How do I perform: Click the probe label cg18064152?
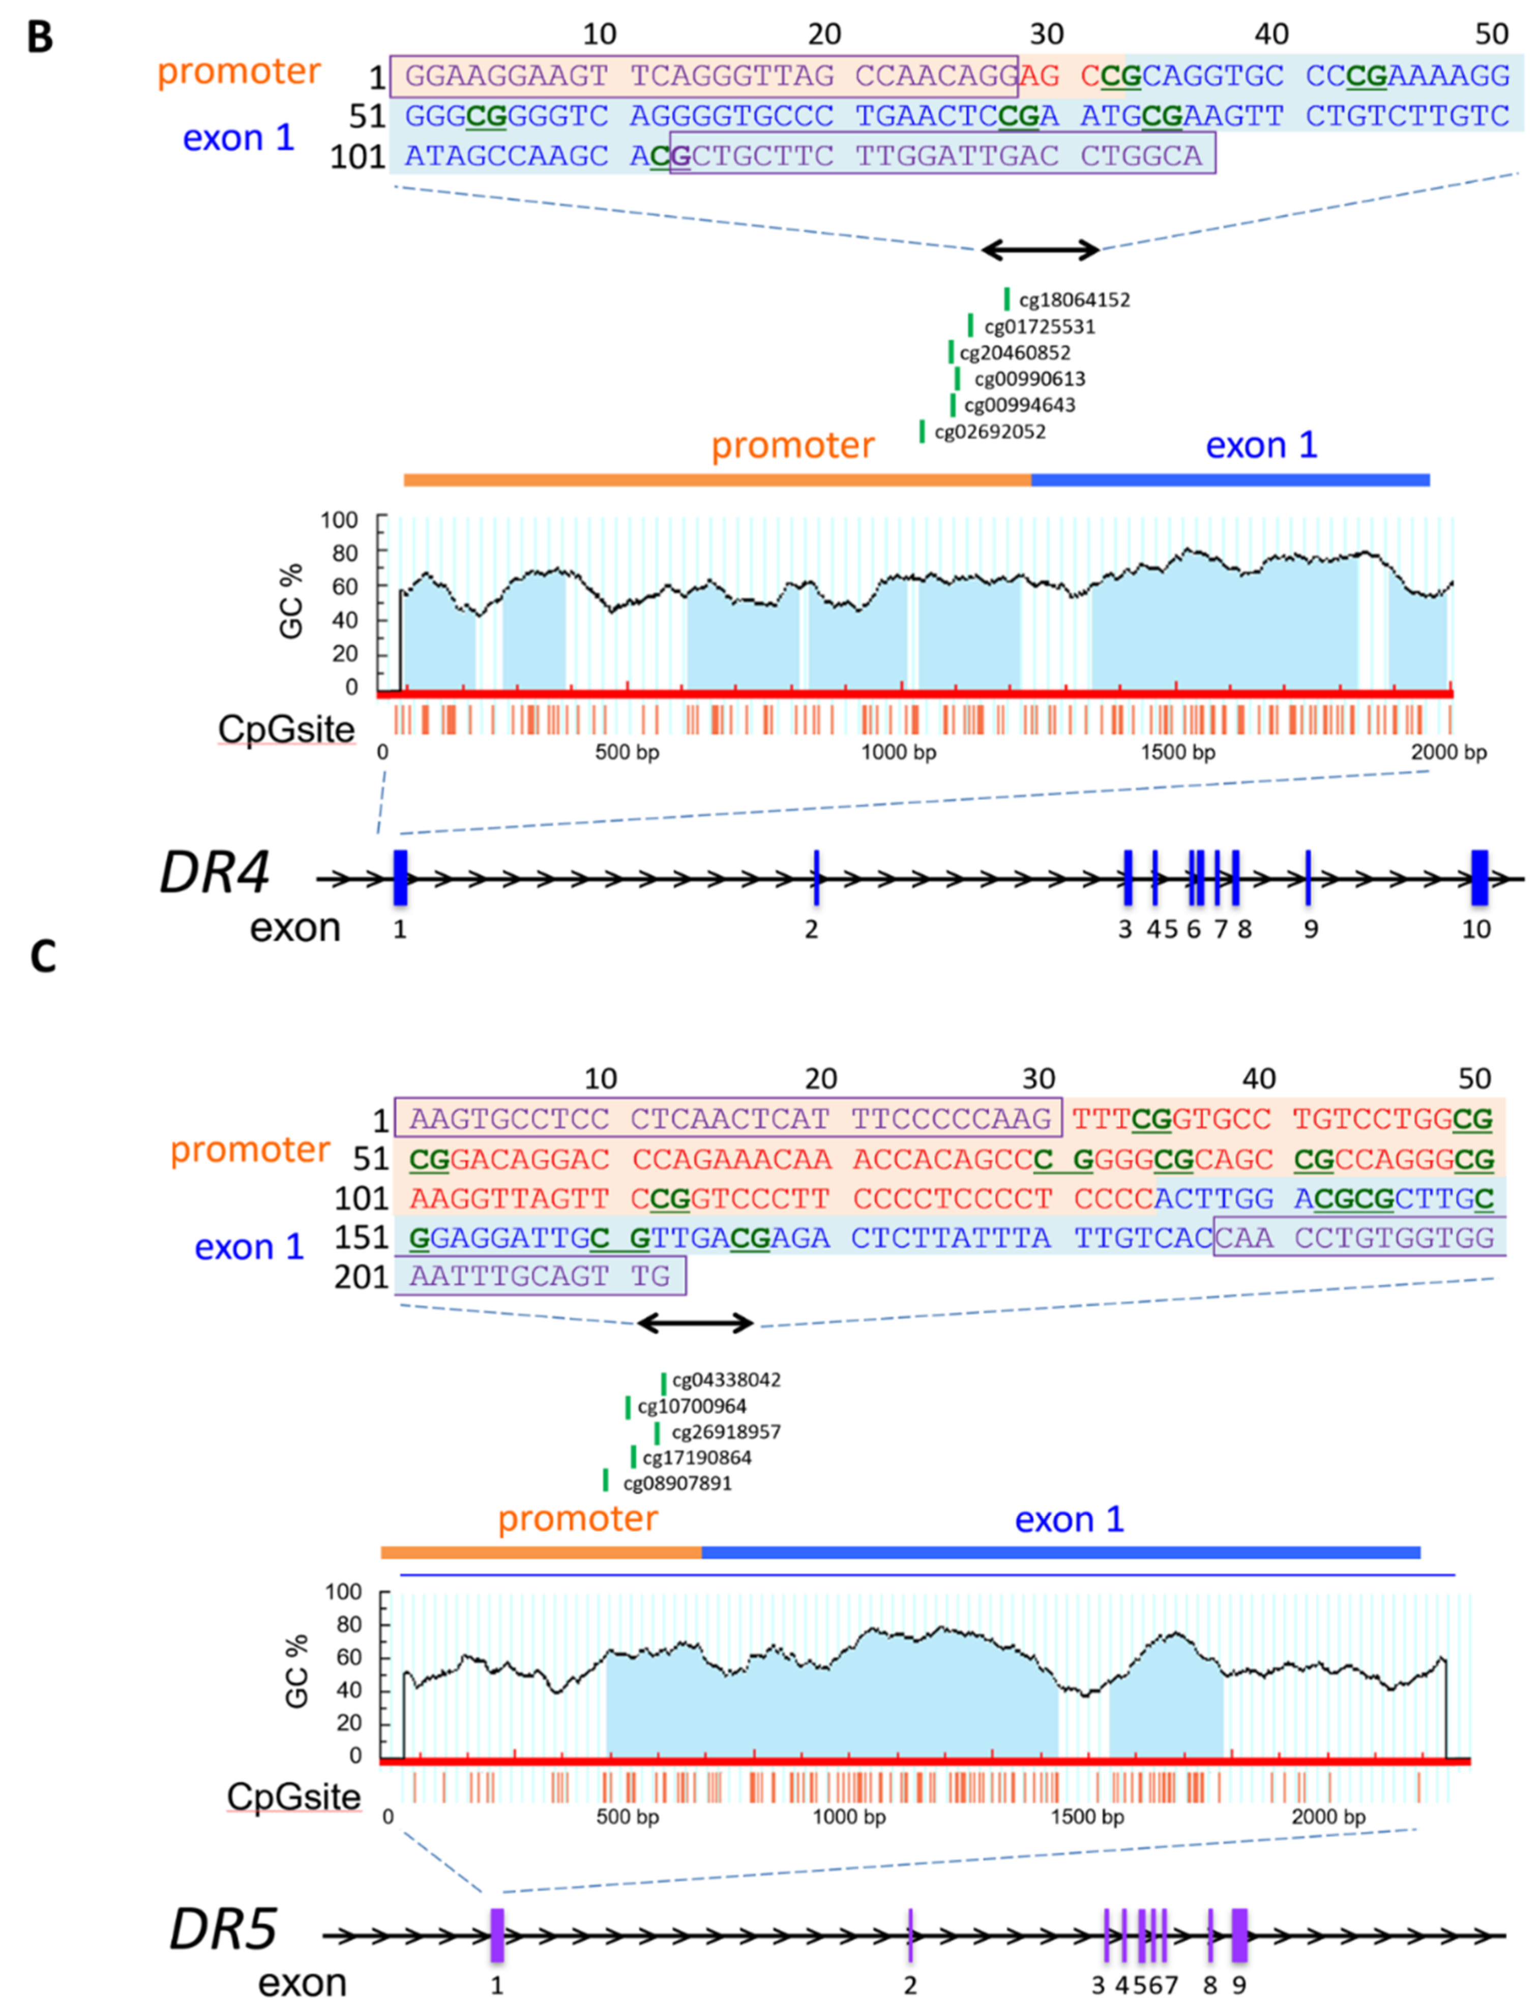coord(1074,300)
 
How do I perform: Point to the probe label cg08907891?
coord(677,1483)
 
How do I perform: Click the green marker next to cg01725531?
coord(971,326)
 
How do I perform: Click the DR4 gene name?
coord(215,873)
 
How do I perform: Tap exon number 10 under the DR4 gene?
coord(1476,929)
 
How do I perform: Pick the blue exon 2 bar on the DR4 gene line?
coord(816,877)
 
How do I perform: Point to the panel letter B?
coord(40,39)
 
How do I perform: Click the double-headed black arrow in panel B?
coord(1041,249)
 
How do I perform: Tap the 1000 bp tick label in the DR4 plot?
coord(898,753)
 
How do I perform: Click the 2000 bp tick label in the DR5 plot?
coord(1328,1817)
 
